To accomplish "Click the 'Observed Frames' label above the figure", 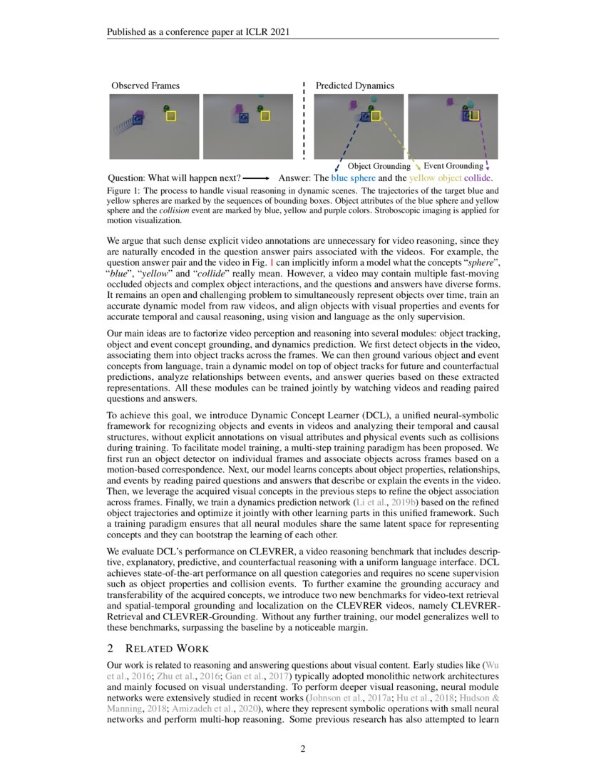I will tap(145, 86).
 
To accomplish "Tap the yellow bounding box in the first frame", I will tap(170, 115).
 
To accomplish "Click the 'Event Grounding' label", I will tap(453, 166).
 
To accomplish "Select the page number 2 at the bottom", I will tap(302, 748).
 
